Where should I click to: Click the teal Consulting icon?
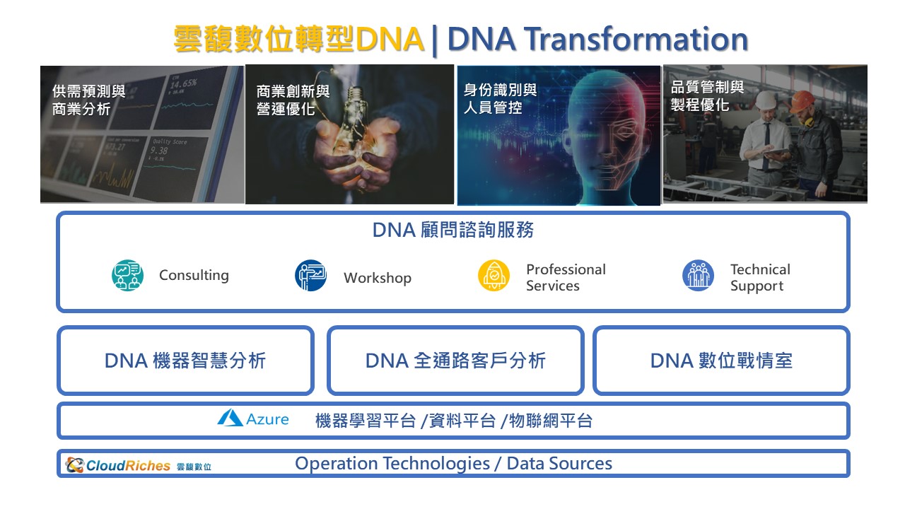(x=127, y=275)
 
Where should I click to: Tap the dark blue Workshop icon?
(x=310, y=275)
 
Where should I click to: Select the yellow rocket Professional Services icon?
(x=494, y=276)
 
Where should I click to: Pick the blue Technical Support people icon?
(x=698, y=276)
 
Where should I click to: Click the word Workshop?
(x=378, y=279)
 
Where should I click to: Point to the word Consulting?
(x=194, y=276)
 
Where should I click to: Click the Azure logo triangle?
(x=230, y=418)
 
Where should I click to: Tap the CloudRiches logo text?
(x=128, y=466)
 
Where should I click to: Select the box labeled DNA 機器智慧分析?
(x=185, y=361)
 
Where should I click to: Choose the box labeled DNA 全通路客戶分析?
(x=455, y=361)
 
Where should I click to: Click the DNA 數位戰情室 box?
(x=721, y=361)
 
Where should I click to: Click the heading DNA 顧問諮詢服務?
(x=453, y=230)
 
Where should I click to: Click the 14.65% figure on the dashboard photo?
(x=184, y=84)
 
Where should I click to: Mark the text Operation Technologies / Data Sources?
(x=453, y=463)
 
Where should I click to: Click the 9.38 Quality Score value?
(x=159, y=151)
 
